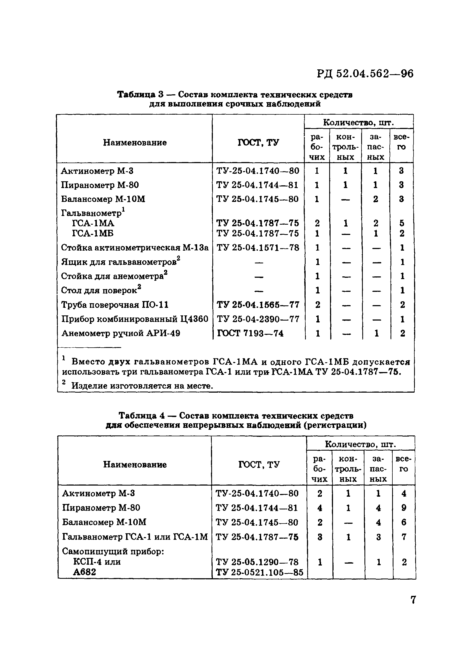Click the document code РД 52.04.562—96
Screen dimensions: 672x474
click(x=365, y=74)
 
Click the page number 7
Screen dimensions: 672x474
click(x=413, y=600)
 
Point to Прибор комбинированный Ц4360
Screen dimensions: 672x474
click(x=134, y=319)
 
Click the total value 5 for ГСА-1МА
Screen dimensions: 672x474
click(x=402, y=223)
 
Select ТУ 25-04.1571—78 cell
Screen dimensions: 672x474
click(x=258, y=248)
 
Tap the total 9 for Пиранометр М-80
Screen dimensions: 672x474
click(x=404, y=508)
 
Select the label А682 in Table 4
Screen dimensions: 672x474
click(x=84, y=572)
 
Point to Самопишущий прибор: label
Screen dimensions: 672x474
click(x=113, y=552)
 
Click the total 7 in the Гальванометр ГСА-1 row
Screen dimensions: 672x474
click(x=404, y=537)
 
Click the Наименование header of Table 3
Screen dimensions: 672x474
click(x=135, y=143)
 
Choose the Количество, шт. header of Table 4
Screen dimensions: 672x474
click(x=360, y=445)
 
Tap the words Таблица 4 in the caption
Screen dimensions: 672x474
click(x=142, y=416)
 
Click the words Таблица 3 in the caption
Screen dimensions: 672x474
click(x=140, y=95)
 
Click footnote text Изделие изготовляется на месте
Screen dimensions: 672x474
click(x=142, y=386)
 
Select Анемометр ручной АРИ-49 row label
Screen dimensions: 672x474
click(x=120, y=333)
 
